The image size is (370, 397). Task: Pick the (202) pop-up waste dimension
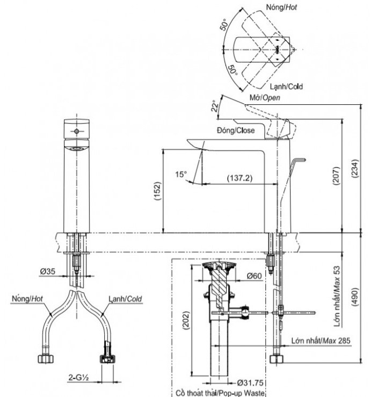tap(185, 321)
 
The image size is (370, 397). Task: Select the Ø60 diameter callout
tap(253, 276)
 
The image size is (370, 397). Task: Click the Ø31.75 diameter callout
tap(251, 384)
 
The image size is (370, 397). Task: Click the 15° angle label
tap(181, 174)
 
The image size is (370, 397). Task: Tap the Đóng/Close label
tap(237, 131)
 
